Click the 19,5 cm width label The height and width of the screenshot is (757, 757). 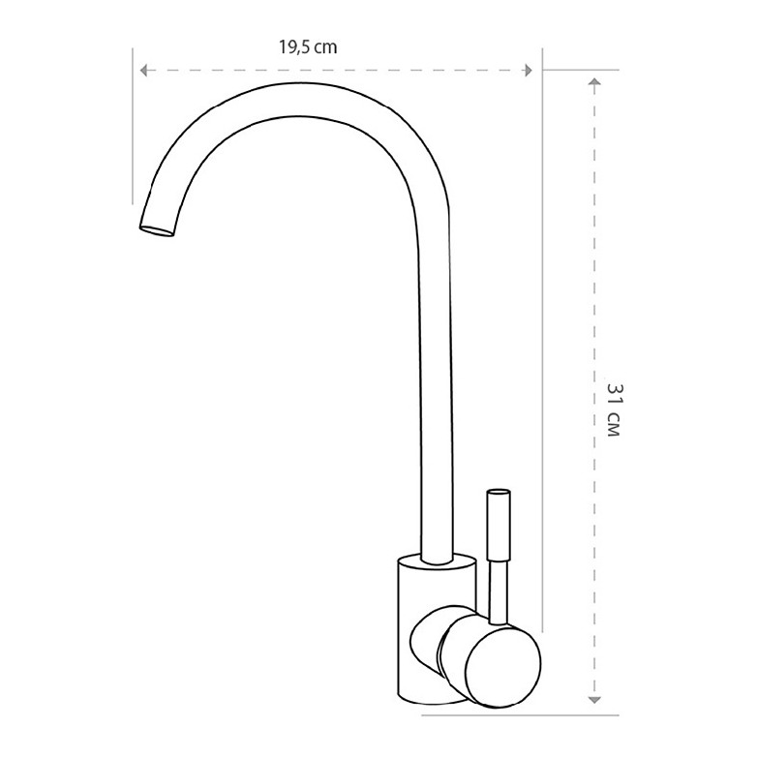point(308,46)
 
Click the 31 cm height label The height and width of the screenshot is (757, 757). point(614,409)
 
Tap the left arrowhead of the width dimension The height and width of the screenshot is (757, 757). point(143,71)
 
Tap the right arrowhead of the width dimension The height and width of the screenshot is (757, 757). point(529,71)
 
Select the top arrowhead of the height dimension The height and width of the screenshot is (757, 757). point(594,81)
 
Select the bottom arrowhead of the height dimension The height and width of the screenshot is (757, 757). point(594,700)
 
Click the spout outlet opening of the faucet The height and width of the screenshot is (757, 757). point(157,231)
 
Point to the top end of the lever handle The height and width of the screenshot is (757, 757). point(499,493)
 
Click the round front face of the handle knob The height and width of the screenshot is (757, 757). point(503,667)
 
